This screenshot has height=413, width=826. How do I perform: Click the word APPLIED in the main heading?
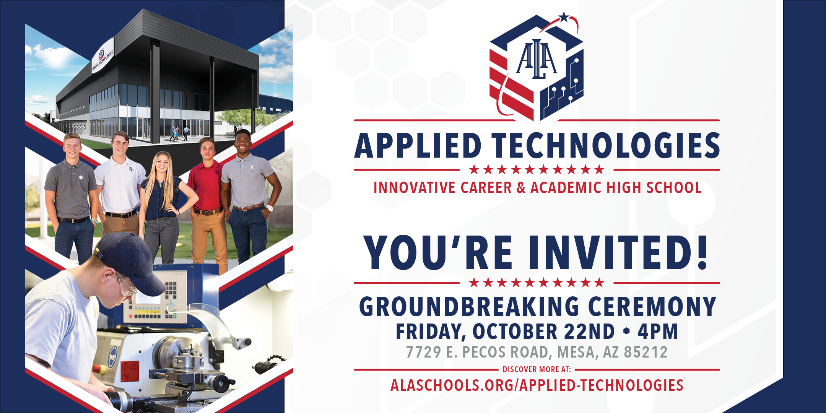click(x=418, y=146)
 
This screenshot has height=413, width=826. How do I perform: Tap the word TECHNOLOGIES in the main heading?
click(x=606, y=146)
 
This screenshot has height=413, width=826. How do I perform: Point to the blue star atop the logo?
click(x=564, y=17)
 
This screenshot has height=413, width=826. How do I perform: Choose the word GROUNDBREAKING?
click(x=470, y=306)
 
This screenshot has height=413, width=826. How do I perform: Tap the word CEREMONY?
click(x=652, y=306)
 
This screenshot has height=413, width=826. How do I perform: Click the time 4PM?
click(x=657, y=332)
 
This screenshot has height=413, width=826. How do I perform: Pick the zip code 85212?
click(x=646, y=352)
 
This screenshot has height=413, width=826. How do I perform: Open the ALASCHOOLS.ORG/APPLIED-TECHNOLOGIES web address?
click(x=537, y=385)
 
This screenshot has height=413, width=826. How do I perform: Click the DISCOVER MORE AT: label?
click(x=537, y=369)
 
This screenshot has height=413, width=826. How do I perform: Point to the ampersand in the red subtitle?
click(x=521, y=188)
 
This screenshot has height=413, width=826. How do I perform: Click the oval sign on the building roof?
click(x=102, y=56)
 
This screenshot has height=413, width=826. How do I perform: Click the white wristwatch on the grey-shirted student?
click(x=270, y=208)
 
